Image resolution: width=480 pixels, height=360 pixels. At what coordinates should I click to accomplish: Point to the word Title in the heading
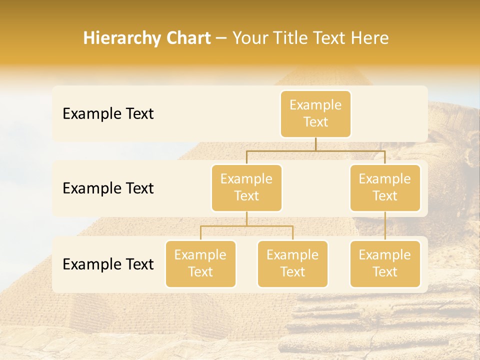[292, 38]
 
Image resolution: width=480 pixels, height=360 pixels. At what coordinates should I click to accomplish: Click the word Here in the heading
[370, 38]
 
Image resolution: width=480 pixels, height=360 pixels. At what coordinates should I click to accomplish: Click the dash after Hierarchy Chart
[221, 38]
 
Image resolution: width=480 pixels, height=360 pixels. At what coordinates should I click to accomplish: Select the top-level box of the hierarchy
[315, 113]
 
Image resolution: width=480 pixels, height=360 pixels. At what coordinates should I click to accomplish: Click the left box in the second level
[246, 187]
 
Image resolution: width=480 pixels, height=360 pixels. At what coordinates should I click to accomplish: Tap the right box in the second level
[385, 187]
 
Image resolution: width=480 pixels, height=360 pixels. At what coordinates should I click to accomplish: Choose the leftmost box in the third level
[200, 263]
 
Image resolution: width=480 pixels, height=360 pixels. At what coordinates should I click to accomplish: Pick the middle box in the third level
[292, 263]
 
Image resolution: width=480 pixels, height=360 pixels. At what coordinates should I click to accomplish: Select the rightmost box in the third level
[385, 263]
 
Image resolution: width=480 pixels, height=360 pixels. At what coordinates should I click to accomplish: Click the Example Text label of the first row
[108, 114]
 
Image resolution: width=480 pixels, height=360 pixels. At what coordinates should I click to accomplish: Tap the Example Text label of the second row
[108, 188]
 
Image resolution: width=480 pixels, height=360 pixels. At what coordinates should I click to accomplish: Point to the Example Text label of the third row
[108, 264]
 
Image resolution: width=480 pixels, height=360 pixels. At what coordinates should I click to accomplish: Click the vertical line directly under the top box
[315, 144]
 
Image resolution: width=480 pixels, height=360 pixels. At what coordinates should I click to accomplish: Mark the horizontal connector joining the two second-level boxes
[315, 150]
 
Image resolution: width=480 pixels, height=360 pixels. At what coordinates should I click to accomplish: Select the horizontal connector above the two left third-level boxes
[246, 226]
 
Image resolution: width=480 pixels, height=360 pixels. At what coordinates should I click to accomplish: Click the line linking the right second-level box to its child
[385, 226]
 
